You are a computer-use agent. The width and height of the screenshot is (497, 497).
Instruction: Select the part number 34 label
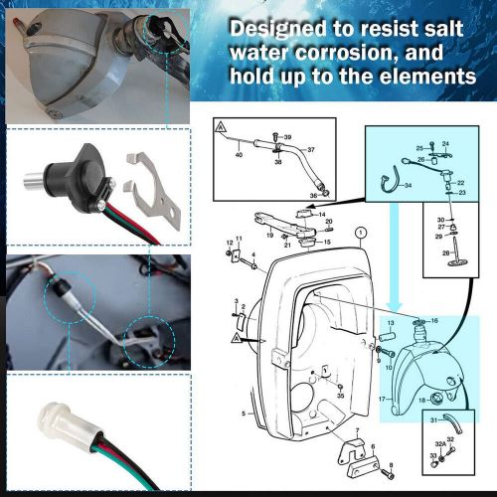pyautogui.click(x=408, y=186)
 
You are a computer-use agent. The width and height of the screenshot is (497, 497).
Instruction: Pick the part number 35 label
pyautogui.click(x=341, y=396)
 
